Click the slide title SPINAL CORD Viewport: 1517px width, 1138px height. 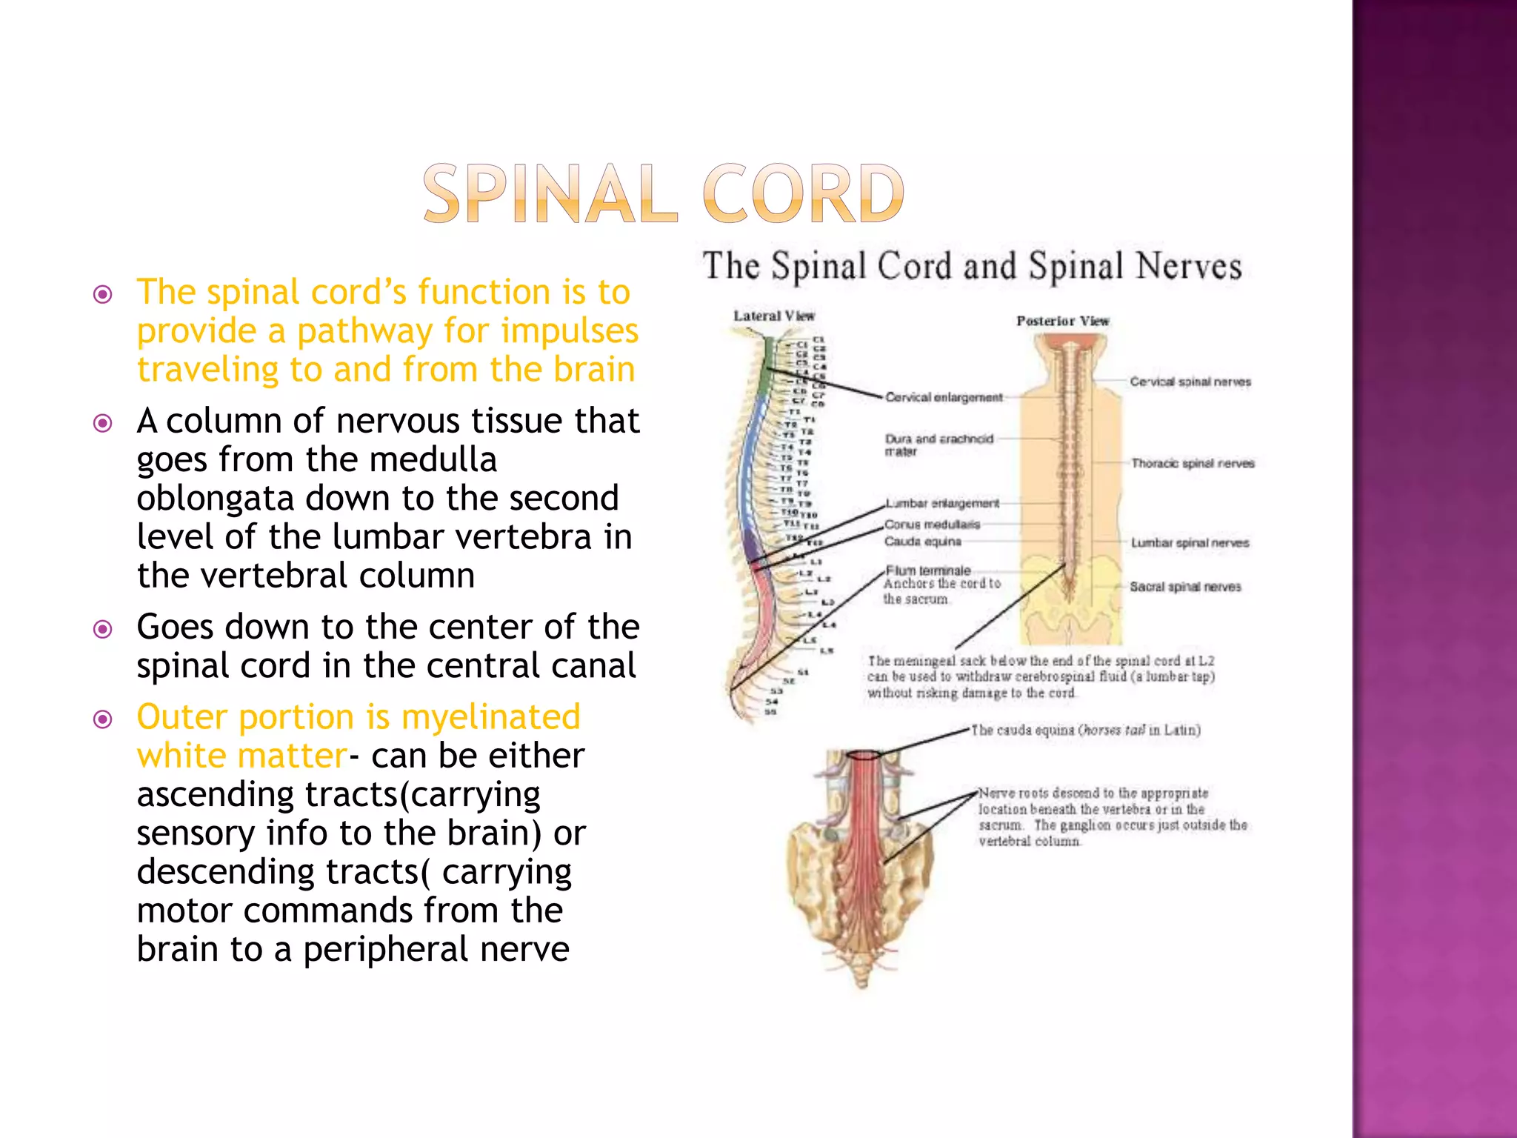pos(663,194)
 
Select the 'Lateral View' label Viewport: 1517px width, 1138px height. pos(773,316)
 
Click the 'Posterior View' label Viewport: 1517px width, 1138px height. pos(1062,322)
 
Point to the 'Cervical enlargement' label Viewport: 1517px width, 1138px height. pos(944,398)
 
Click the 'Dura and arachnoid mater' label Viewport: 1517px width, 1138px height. pos(938,445)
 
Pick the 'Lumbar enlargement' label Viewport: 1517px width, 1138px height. pos(942,504)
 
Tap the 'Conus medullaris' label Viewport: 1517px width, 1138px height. pos(932,525)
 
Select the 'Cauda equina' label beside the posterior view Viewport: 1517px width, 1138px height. pos(922,542)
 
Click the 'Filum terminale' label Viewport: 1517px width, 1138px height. pos(928,570)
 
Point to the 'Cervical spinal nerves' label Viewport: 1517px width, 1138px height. pos(1190,382)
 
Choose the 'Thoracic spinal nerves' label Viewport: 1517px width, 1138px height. pos(1193,464)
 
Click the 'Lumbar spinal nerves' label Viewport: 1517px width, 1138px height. pos(1190,543)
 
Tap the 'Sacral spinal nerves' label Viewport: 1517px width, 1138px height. pos(1185,587)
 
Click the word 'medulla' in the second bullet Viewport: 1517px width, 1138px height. pos(433,460)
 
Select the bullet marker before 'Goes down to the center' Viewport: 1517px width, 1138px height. pos(103,630)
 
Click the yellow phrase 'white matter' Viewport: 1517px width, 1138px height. pos(241,756)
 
